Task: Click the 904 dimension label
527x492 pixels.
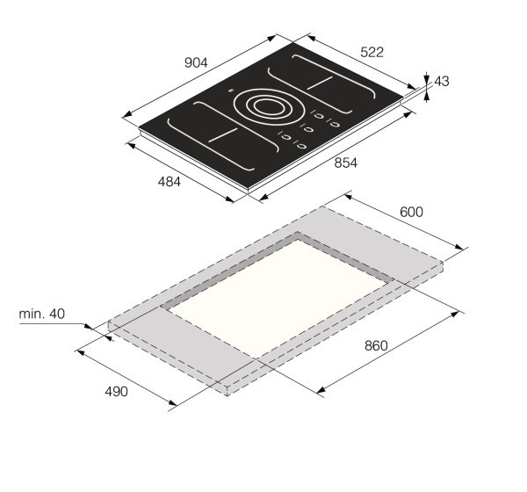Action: [196, 62]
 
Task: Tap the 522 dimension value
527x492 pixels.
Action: [372, 52]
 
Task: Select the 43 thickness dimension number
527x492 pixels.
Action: [442, 82]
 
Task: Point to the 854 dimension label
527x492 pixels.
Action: [345, 163]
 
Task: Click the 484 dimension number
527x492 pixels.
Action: [169, 182]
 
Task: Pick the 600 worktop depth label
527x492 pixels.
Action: [411, 212]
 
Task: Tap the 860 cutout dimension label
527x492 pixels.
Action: [376, 345]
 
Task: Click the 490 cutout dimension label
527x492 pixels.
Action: [116, 392]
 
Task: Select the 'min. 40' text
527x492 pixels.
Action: [41, 314]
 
